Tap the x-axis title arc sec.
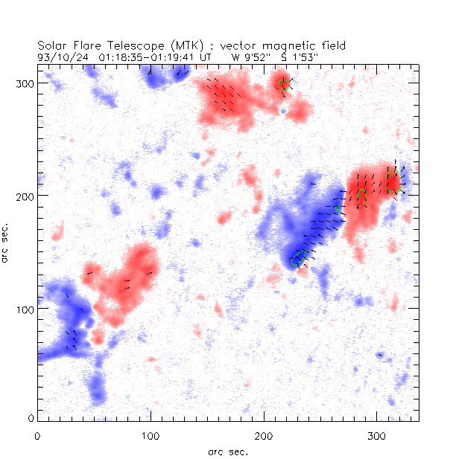tap(228, 451)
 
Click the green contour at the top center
tap(283, 83)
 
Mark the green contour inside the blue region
tap(299, 258)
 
